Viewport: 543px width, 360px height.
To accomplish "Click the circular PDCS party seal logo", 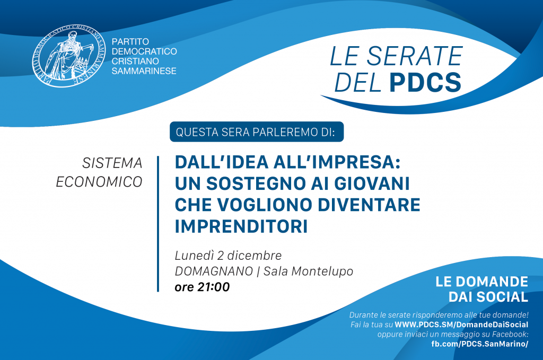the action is tap(69, 56).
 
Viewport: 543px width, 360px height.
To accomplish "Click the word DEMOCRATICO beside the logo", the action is tap(144, 51).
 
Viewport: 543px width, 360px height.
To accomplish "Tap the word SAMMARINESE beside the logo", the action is tap(144, 71).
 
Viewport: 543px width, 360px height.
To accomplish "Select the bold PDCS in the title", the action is tap(425, 82).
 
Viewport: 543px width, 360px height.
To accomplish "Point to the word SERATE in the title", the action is tap(415, 56).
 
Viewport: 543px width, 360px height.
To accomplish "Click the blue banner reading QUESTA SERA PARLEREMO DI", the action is tap(257, 132).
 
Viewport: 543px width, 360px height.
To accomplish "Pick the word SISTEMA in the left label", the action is tap(112, 163).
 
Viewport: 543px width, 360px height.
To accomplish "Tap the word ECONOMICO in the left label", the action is tap(99, 182).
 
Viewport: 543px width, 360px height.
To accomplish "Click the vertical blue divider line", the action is tap(158, 224).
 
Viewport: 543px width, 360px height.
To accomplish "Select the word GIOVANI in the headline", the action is tap(372, 183).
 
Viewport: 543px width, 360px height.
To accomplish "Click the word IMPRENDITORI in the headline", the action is tap(241, 226).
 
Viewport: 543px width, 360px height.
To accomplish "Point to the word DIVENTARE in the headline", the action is tap(369, 205).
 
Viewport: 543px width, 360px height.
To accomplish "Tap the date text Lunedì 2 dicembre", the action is tap(228, 256).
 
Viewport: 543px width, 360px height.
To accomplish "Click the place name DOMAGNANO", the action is tap(214, 271).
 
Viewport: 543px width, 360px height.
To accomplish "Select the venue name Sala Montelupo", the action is tap(308, 271).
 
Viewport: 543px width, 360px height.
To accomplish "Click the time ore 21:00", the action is tap(202, 287).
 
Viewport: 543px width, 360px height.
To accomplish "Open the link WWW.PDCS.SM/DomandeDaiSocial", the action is tap(462, 324).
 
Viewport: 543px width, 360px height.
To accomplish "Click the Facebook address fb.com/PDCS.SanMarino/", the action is tap(480, 344).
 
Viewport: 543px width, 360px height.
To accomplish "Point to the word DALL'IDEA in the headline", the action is tap(222, 162).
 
